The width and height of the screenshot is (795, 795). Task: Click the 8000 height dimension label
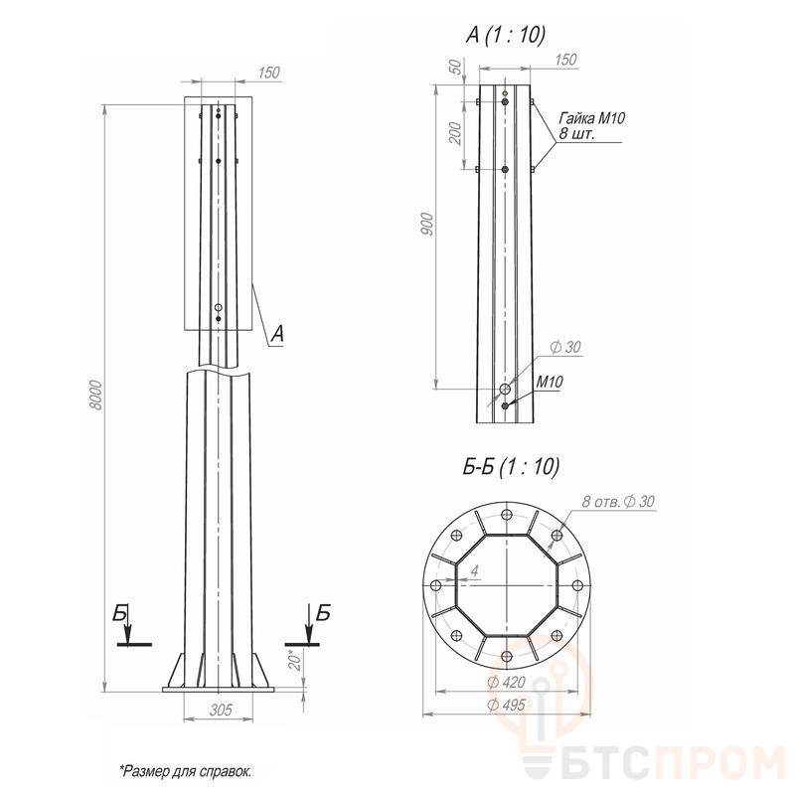95,396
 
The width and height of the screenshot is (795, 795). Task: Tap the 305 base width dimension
220,710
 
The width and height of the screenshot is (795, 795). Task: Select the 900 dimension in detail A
427,224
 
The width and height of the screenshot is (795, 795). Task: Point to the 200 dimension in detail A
456,133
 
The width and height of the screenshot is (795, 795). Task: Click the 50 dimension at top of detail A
456,67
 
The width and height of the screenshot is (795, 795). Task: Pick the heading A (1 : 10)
506,36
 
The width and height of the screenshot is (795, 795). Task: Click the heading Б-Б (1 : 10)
511,466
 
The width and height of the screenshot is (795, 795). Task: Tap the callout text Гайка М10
591,118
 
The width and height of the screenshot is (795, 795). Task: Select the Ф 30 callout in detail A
565,347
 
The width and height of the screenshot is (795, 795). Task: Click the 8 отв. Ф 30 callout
618,502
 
